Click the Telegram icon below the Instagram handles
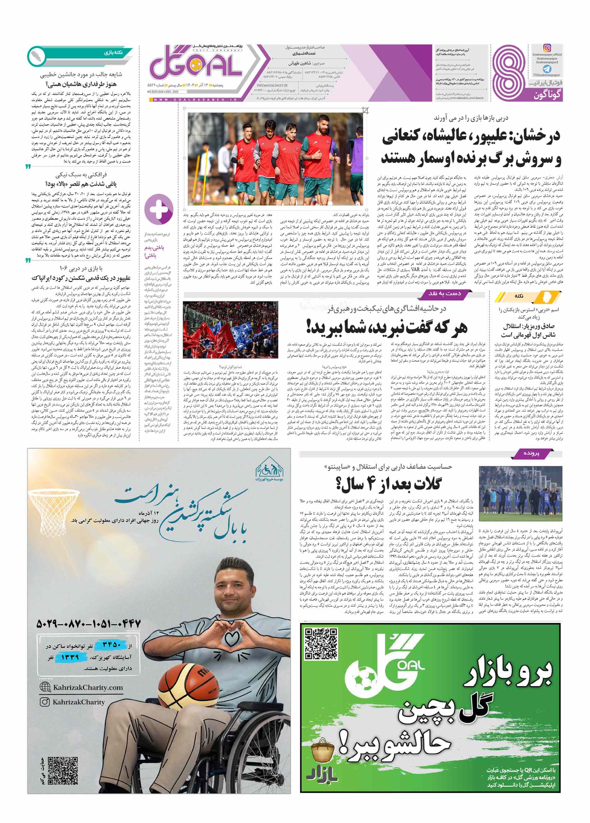click(x=547, y=69)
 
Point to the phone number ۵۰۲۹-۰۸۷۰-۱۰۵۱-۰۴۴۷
click(x=88, y=624)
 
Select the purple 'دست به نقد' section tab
click(x=444, y=293)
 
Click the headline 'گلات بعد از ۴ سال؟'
click(x=388, y=484)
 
